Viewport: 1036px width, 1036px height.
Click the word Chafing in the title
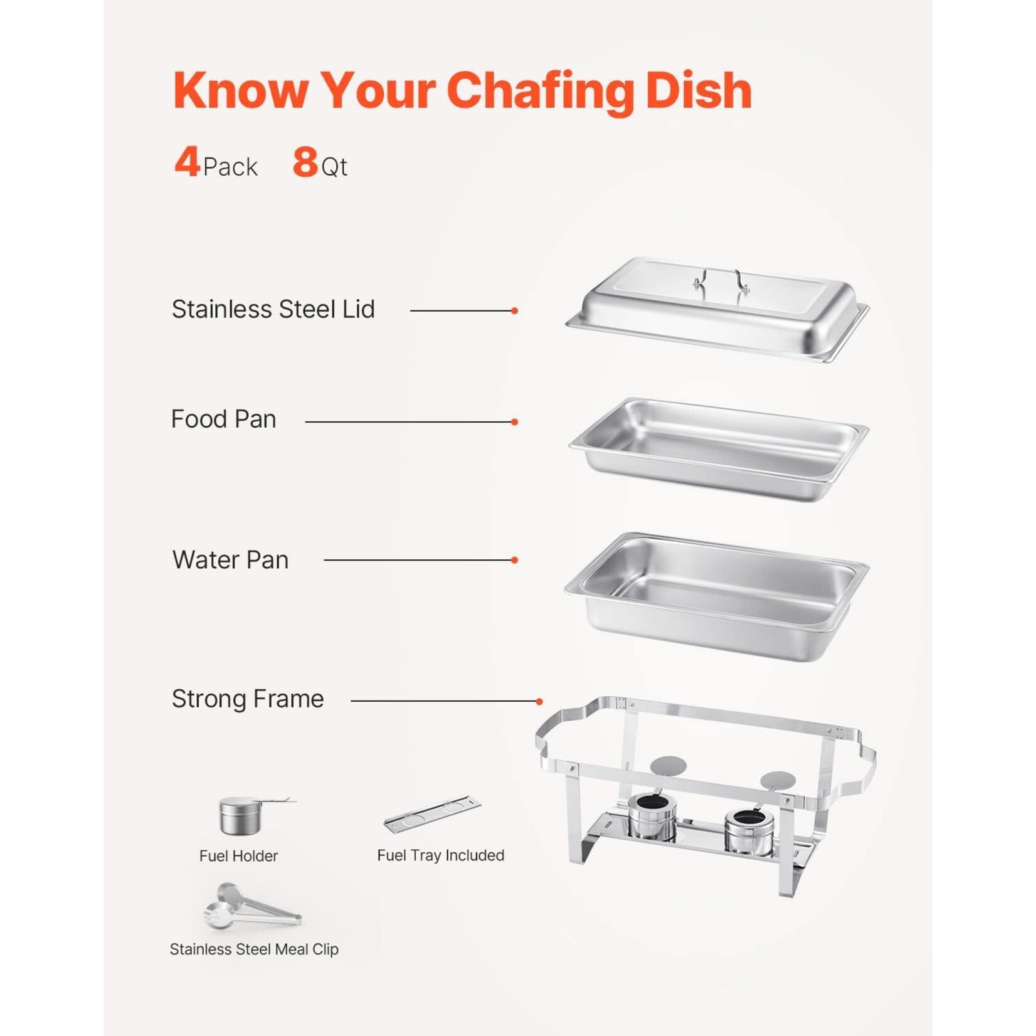pyautogui.click(x=541, y=92)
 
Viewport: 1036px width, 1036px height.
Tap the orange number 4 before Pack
pyautogui.click(x=187, y=162)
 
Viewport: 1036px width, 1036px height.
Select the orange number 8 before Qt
pyautogui.click(x=305, y=162)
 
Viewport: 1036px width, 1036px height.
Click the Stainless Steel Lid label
pyautogui.click(x=273, y=309)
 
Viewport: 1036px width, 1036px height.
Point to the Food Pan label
pyautogui.click(x=223, y=419)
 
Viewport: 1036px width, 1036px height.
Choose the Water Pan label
pyautogui.click(x=230, y=560)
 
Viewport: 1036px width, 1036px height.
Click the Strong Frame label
pyautogui.click(x=248, y=699)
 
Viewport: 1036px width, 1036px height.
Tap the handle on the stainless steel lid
pyautogui.click(x=721, y=279)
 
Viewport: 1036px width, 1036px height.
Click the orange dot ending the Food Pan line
pyautogui.click(x=514, y=422)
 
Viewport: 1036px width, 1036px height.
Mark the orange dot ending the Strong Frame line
pyautogui.click(x=539, y=701)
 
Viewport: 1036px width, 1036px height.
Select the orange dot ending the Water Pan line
pyautogui.click(x=514, y=560)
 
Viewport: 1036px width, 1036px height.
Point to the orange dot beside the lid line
pyautogui.click(x=514, y=310)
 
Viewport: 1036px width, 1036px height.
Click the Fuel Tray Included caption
pyautogui.click(x=440, y=855)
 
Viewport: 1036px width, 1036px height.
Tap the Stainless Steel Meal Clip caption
pyautogui.click(x=254, y=949)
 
